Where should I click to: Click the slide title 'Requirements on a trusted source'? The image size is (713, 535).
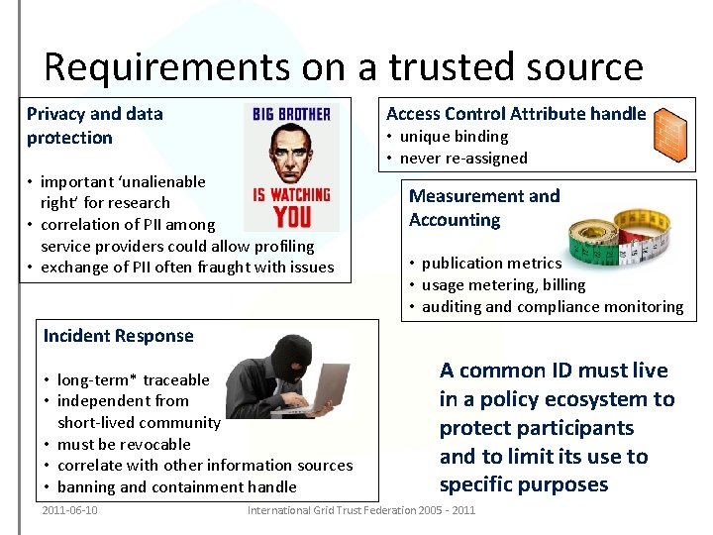343,66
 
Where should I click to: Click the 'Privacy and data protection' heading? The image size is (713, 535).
94,126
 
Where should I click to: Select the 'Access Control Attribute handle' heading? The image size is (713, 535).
515,114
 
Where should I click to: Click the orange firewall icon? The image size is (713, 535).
671,133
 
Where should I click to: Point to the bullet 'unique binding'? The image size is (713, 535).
454,137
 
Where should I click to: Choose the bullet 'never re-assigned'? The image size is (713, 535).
463,158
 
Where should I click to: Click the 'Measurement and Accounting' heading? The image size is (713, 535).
484,208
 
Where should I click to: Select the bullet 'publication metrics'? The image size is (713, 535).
491,264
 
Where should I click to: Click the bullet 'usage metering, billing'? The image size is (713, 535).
503,285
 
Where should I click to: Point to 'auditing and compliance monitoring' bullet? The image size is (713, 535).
552,307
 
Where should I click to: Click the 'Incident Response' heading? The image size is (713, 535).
118,336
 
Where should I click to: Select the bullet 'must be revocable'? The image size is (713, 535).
124,444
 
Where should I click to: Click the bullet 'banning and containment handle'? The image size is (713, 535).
176,486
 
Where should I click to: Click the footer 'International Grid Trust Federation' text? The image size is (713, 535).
361,510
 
